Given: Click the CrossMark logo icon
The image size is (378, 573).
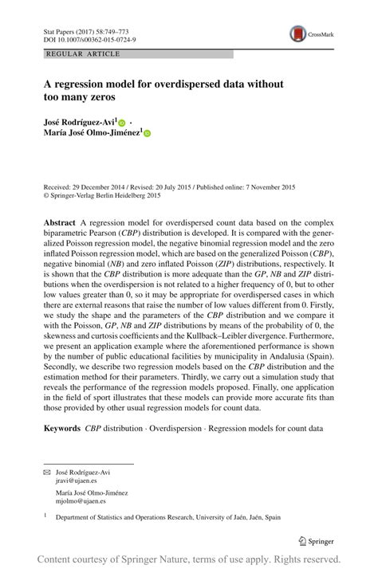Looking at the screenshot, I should coord(297,34).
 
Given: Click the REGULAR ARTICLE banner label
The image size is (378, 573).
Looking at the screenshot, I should coord(84,54).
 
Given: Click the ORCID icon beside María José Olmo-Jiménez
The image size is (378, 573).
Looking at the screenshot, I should coord(148,134).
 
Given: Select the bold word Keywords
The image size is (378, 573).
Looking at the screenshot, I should coord(63,429).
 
